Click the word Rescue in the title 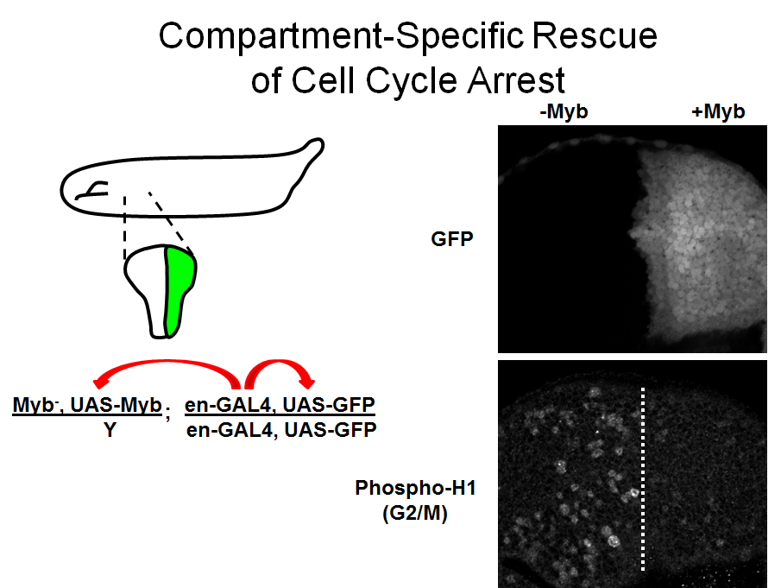[595, 36]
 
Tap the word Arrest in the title [516, 80]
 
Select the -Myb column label [564, 111]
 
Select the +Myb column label [718, 111]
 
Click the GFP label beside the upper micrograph [451, 239]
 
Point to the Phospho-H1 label [415, 487]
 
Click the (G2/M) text [415, 513]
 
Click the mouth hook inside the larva [92, 190]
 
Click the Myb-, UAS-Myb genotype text [87, 405]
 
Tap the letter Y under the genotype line [110, 429]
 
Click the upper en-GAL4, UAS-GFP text [280, 405]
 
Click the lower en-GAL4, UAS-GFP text [281, 429]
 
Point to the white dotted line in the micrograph [643, 478]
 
